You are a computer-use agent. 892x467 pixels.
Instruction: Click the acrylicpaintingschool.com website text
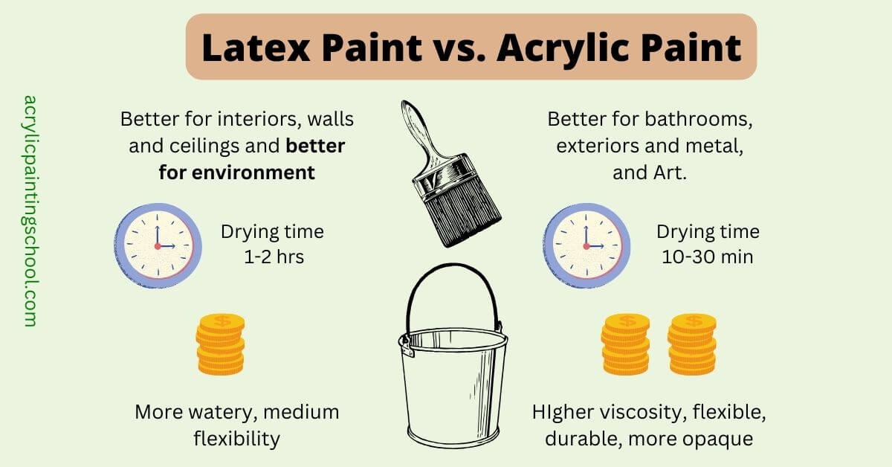30,210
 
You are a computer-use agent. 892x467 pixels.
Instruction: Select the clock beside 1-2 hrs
158,245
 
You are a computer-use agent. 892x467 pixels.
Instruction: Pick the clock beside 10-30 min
586,245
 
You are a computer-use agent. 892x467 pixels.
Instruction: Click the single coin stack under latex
221,344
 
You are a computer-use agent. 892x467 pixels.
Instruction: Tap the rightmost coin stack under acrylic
692,344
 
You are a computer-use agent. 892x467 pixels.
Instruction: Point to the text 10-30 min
708,257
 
